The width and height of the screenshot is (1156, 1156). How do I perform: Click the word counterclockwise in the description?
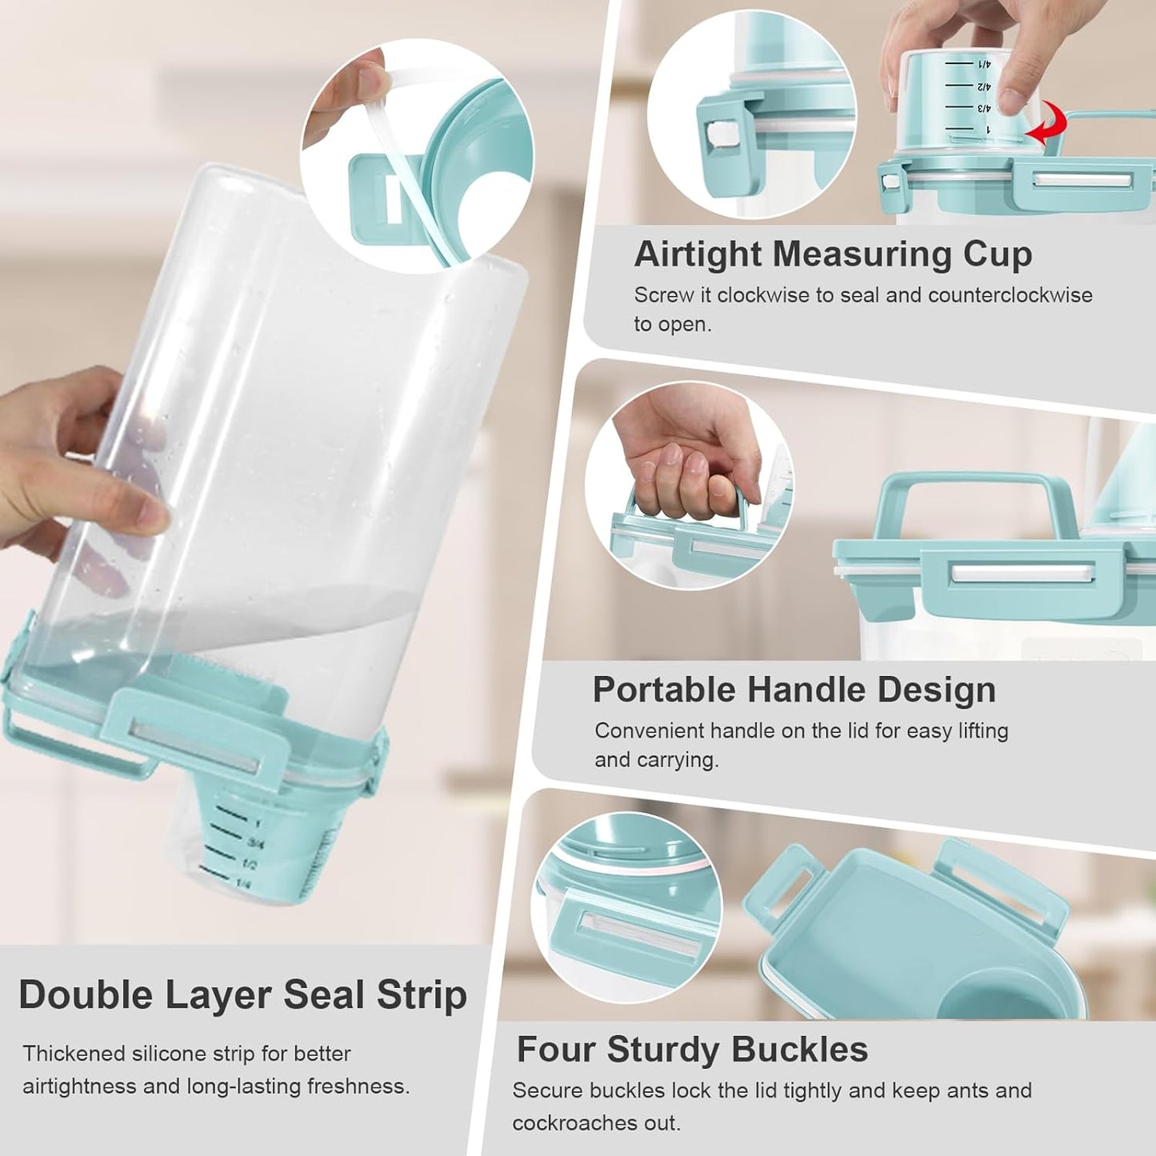pyautogui.click(x=1010, y=295)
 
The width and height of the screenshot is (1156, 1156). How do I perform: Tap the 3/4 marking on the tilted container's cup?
pyautogui.click(x=257, y=843)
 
